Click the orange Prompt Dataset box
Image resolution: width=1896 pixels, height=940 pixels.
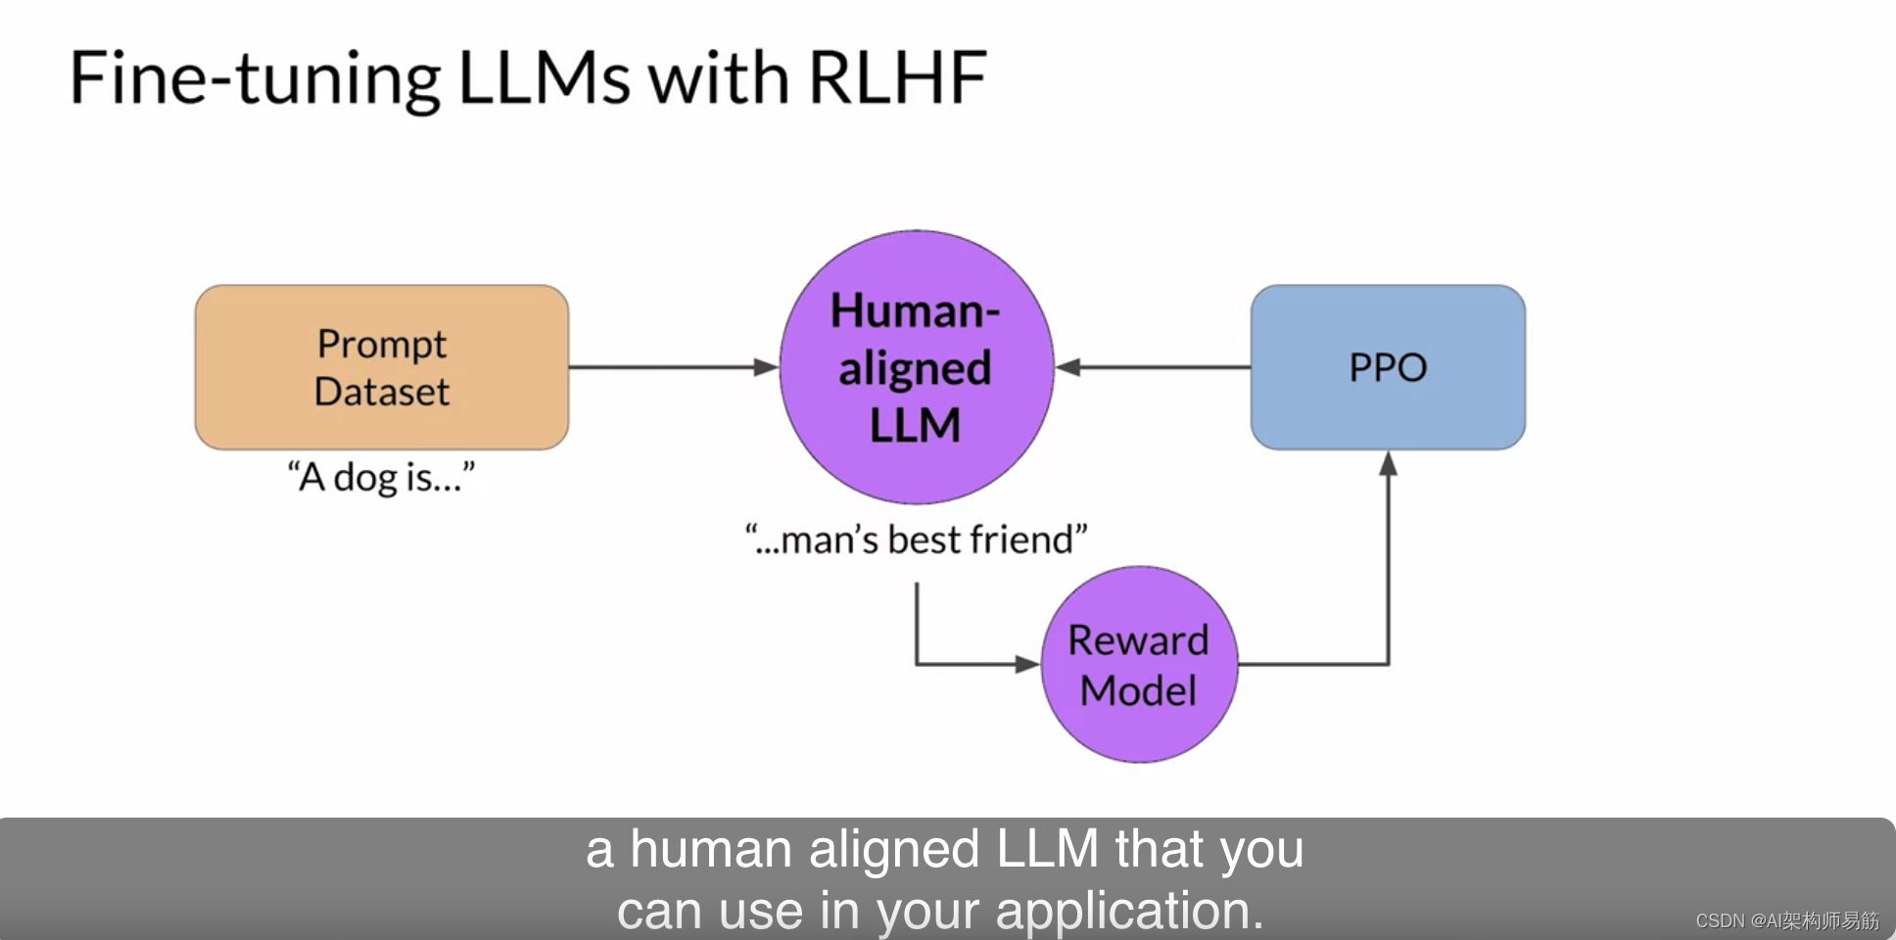tap(382, 367)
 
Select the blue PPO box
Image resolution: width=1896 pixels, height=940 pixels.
tap(1388, 367)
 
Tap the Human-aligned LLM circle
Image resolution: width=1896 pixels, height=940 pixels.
tap(916, 367)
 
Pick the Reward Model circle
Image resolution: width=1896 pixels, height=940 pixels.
tap(1138, 665)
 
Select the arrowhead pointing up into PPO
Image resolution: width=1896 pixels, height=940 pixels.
tap(1388, 463)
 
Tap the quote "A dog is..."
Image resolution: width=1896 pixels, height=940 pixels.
tap(381, 478)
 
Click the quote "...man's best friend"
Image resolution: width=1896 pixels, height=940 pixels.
tap(916, 540)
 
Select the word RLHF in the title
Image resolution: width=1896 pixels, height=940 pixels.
tap(897, 78)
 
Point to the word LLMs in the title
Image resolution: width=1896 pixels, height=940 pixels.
tap(545, 78)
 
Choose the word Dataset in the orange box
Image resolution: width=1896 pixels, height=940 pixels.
tap(382, 392)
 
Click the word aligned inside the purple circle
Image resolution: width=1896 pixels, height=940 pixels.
tap(915, 369)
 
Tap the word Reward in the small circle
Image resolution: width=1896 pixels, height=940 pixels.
tap(1138, 640)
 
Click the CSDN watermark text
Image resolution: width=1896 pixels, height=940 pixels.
tap(1787, 920)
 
